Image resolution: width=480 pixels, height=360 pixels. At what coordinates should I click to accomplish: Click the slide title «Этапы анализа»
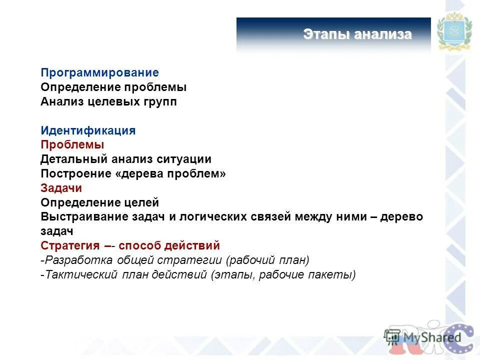tap(357, 34)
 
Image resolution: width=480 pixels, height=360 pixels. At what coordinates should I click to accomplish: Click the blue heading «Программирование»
tap(99, 73)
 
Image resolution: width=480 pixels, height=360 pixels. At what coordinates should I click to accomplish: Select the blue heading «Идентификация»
tap(88, 131)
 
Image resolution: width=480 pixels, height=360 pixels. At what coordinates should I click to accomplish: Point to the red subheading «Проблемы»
tap(72, 145)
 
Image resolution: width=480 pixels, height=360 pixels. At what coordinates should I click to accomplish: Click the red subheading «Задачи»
tap(61, 188)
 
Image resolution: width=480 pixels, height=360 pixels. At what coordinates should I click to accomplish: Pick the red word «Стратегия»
tap(71, 246)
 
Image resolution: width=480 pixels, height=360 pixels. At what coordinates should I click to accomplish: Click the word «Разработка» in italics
tap(79, 260)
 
